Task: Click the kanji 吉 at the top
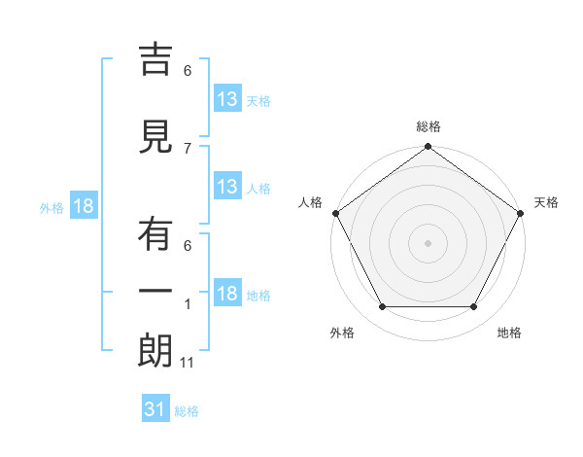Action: coord(156,59)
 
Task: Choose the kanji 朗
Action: coord(156,351)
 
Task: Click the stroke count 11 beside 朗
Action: coord(188,363)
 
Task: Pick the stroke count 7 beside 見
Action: coord(188,148)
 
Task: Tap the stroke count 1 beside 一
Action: coord(188,304)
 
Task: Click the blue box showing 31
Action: coord(155,409)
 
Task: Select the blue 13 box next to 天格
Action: coord(226,98)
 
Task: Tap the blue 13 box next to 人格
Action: coord(226,187)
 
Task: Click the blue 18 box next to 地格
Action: coord(226,294)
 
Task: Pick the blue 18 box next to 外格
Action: coord(83,206)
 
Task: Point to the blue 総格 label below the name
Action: coord(187,411)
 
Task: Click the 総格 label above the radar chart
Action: coord(428,126)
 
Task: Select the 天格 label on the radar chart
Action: coord(546,202)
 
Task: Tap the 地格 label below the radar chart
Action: coord(509,333)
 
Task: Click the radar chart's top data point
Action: coord(428,148)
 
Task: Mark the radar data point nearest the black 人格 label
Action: coord(335,213)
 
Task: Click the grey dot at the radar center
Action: coord(428,242)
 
